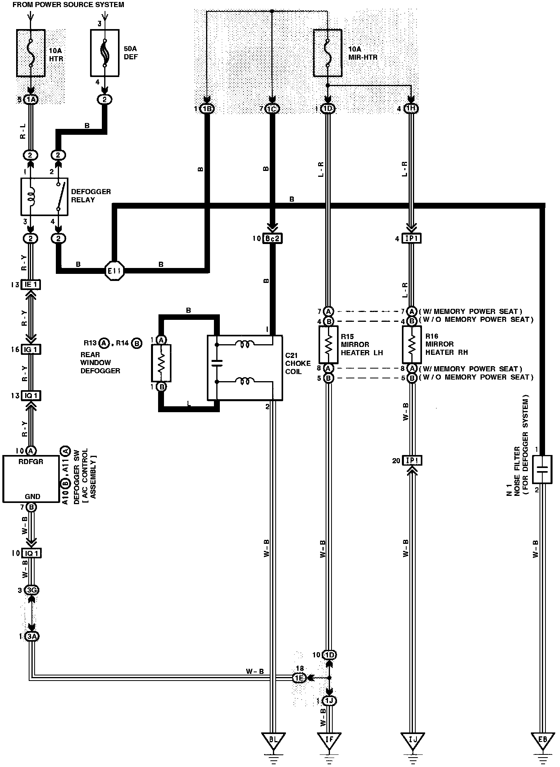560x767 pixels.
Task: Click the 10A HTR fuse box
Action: click(31, 53)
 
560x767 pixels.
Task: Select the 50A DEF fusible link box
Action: click(105, 52)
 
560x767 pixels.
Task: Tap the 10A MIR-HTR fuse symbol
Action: click(328, 53)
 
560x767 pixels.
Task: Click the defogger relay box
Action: click(44, 196)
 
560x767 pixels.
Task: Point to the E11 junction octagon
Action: click(115, 270)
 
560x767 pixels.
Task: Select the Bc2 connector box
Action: click(273, 239)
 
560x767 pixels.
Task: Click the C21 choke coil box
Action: click(245, 368)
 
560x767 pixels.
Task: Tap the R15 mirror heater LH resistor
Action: click(328, 345)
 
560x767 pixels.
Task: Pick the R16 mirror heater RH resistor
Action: click(412, 345)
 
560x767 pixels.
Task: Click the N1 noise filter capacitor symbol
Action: click(542, 469)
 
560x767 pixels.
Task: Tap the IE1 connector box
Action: click(31, 284)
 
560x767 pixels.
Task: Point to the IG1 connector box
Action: click(31, 349)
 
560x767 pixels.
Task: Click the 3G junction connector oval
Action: click(31, 590)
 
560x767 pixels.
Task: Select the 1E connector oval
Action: click(299, 678)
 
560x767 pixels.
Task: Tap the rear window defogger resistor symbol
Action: click(161, 363)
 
